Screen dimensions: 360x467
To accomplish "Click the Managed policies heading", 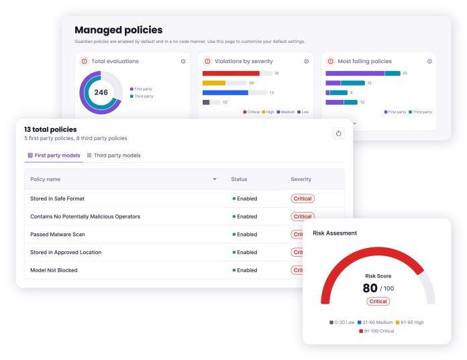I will click(x=118, y=30).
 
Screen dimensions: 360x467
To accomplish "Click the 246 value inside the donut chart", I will click(x=101, y=93).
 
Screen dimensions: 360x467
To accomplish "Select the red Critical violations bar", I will click(x=230, y=73).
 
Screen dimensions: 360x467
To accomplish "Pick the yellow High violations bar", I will click(x=213, y=83).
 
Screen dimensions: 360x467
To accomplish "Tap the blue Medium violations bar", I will click(x=225, y=93).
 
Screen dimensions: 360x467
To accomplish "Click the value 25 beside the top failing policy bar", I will click(x=405, y=73).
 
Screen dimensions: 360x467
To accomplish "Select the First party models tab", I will click(x=54, y=156).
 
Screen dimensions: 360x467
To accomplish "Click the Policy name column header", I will click(x=45, y=179).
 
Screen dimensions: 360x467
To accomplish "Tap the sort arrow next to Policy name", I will click(x=215, y=180).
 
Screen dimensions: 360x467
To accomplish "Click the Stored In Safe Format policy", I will click(x=57, y=198).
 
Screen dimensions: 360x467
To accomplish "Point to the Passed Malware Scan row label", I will click(x=57, y=235).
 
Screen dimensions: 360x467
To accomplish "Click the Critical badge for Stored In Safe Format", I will click(x=302, y=198).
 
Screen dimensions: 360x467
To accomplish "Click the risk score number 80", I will click(x=370, y=288).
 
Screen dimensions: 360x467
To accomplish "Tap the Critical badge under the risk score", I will click(x=378, y=302).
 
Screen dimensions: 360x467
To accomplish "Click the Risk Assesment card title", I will click(x=335, y=233).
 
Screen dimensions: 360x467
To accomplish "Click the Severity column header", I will click(x=301, y=179).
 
